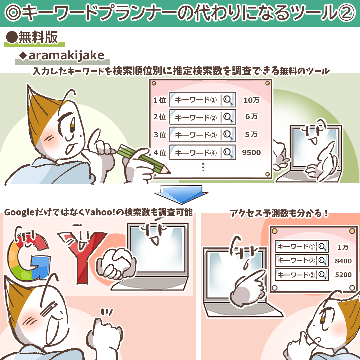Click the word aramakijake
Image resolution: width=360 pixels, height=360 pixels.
click(66, 56)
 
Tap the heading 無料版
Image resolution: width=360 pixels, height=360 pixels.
click(38, 37)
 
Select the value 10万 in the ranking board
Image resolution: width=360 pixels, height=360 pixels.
click(251, 100)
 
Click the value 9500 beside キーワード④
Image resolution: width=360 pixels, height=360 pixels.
click(251, 152)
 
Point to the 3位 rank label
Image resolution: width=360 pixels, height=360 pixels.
click(160, 135)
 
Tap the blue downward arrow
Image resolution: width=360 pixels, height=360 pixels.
click(181, 195)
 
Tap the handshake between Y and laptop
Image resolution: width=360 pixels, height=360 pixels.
click(116, 264)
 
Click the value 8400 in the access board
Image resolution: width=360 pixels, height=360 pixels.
click(343, 261)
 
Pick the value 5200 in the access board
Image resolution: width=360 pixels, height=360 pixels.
click(343, 275)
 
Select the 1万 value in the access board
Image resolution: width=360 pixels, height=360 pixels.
click(343, 247)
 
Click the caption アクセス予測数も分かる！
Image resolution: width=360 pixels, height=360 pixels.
click(279, 213)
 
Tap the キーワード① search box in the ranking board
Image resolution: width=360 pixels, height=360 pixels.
click(203, 100)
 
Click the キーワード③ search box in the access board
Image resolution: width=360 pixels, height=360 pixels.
click(302, 275)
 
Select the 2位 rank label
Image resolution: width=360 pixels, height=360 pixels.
click(160, 117)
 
